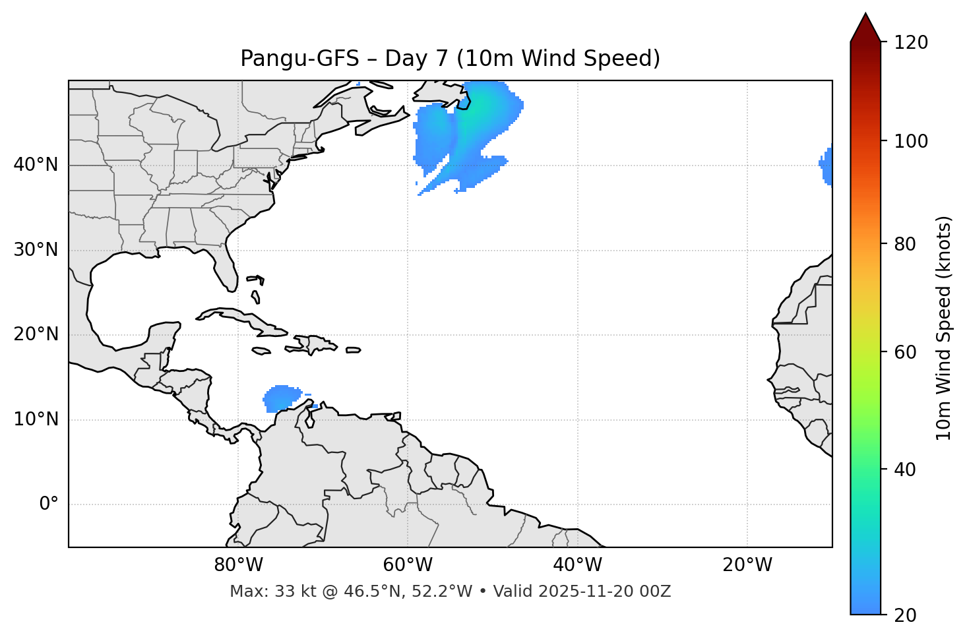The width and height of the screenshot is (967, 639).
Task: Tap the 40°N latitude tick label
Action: pos(36,164)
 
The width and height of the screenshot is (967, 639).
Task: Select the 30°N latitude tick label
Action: pos(36,250)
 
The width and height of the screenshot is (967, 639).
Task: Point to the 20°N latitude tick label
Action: pos(36,334)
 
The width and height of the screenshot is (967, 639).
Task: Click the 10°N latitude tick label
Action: pos(36,419)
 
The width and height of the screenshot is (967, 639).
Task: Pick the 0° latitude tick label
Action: pos(49,504)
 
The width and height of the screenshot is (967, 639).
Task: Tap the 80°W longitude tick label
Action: pos(238,565)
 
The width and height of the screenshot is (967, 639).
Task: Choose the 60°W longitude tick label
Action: pos(408,565)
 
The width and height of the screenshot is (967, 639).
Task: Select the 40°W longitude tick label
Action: pos(577,565)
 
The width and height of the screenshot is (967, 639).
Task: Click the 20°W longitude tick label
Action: pos(747,565)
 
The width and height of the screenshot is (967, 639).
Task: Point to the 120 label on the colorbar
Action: pos(911,43)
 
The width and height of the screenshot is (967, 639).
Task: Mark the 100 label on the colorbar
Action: pos(911,141)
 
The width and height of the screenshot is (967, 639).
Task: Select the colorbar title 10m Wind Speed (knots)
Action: pos(944,328)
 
